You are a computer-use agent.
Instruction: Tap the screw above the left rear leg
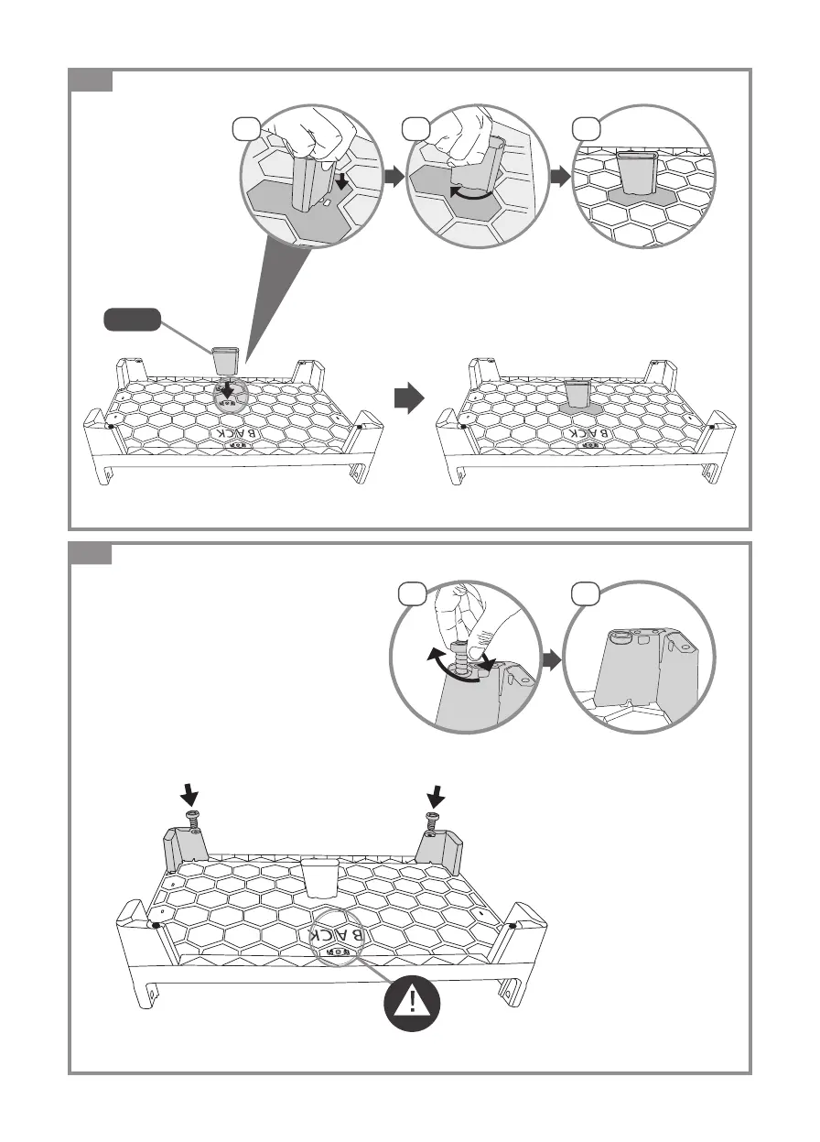[192, 820]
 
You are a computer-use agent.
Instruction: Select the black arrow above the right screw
[437, 791]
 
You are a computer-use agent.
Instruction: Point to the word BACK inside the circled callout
[339, 935]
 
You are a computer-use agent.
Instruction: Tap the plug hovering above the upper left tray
[224, 358]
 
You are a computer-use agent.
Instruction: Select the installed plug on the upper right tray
[577, 394]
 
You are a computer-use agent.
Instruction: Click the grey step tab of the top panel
[92, 80]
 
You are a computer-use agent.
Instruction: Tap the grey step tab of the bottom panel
[92, 554]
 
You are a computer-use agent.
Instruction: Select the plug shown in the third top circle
[637, 171]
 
